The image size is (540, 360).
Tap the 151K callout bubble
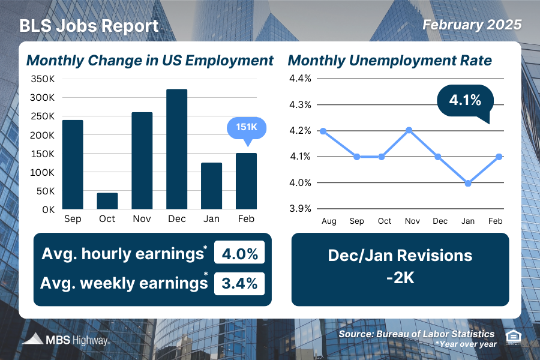[x=245, y=128]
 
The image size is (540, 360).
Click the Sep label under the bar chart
[x=73, y=219]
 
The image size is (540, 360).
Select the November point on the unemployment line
[x=412, y=130]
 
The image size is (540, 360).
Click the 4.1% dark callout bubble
[x=464, y=101]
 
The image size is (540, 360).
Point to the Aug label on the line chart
[x=329, y=221]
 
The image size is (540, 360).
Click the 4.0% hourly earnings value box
[x=239, y=253]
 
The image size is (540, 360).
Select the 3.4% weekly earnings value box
[x=239, y=283]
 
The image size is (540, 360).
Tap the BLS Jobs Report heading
[x=89, y=26]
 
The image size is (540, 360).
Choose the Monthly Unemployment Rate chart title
[x=390, y=61]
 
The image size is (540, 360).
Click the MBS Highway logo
[x=66, y=340]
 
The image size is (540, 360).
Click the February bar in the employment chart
[x=245, y=181]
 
